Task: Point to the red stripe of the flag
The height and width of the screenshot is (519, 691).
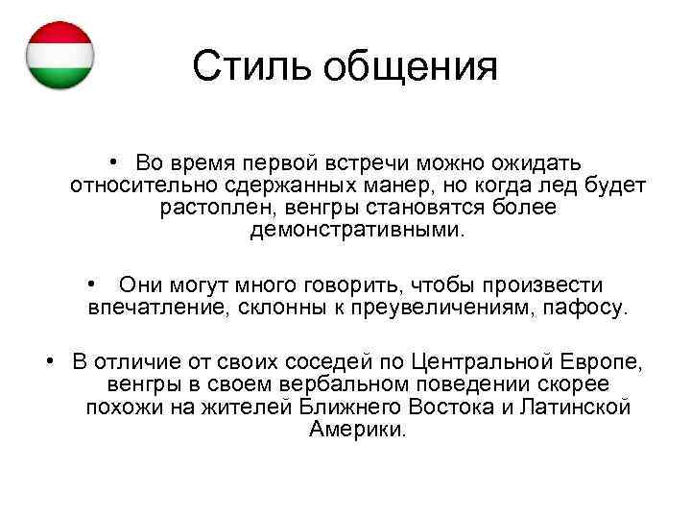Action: tap(60, 32)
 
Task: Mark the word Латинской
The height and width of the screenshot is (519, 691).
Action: tap(576, 408)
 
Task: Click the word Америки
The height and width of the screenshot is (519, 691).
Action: tap(357, 431)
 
